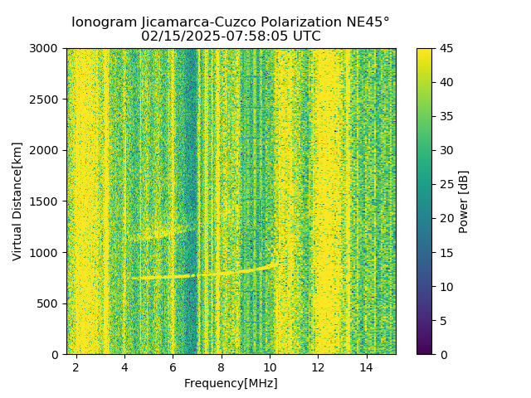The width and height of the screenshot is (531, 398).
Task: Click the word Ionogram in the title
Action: click(x=103, y=22)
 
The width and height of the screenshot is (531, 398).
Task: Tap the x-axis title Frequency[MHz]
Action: click(x=231, y=383)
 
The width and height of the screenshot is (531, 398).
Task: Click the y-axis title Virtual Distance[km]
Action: click(x=17, y=201)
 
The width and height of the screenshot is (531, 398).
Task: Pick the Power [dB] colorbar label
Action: click(x=464, y=201)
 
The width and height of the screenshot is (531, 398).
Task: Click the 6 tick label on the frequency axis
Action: click(x=173, y=366)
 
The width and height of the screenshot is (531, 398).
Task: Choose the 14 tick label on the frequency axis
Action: click(x=366, y=366)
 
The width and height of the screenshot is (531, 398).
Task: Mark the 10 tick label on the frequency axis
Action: click(x=270, y=366)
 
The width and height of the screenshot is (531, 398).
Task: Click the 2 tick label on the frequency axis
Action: click(x=76, y=366)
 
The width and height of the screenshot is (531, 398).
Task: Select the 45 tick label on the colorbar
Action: click(x=446, y=49)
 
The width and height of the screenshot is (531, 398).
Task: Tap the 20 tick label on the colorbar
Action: click(x=446, y=219)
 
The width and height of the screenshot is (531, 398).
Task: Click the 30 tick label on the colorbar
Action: click(x=446, y=151)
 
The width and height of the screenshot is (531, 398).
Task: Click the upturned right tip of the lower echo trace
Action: click(x=275, y=255)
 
